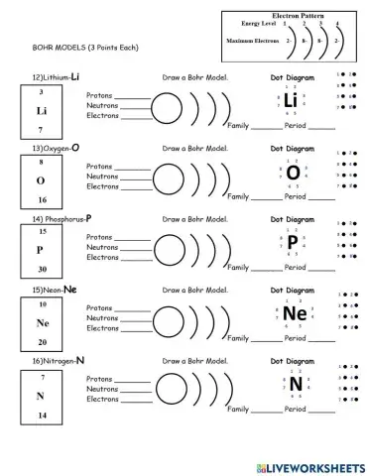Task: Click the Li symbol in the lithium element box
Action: tap(42, 110)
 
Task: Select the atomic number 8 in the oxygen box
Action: tap(42, 162)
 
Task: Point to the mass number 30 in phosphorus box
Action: tap(42, 269)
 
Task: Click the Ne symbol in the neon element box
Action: tap(42, 323)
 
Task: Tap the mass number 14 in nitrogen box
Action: tap(42, 414)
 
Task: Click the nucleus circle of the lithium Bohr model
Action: tap(167, 105)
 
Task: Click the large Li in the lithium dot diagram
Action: tap(291, 101)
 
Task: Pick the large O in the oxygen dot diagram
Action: tap(293, 172)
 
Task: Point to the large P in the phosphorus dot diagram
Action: tap(293, 242)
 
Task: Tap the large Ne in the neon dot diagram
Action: tap(294, 313)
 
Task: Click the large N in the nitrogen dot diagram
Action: tap(296, 385)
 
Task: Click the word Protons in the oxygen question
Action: tap(99, 166)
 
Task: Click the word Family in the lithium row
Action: tap(238, 126)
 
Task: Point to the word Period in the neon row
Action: tap(296, 339)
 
